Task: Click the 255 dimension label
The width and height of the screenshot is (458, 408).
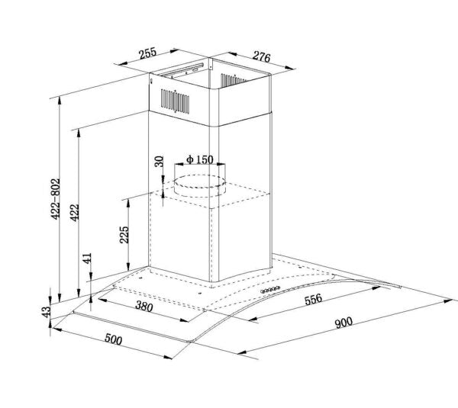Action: coord(147,53)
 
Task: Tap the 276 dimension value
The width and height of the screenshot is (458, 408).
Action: coord(261,56)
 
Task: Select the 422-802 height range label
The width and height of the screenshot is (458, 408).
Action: coord(55,199)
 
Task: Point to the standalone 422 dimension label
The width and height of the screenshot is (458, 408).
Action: coord(75,213)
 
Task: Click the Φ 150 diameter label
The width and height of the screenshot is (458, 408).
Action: coord(200,159)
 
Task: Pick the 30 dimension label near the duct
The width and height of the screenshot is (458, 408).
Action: coord(159,162)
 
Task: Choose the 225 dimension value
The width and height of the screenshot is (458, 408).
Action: coord(124,234)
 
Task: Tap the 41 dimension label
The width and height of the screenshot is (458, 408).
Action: coord(87,259)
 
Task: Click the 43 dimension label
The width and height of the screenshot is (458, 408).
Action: coord(46,312)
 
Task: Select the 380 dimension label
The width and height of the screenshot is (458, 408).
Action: coord(144,306)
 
